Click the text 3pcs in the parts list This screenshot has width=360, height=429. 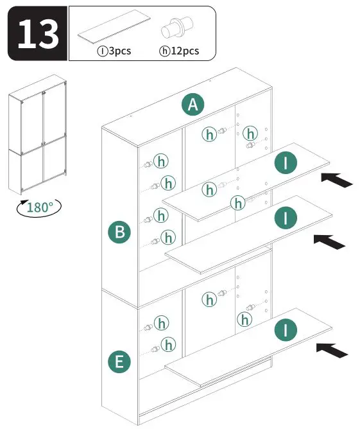coord(119,51)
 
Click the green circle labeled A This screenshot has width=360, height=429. coord(192,104)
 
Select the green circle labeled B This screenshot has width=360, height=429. coord(119,232)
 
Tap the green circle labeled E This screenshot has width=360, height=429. coord(119,362)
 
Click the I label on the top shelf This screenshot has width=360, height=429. coord(286,162)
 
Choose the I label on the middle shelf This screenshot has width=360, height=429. coord(286,218)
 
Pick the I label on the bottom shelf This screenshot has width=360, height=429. coord(286,331)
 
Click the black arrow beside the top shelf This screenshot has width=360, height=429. coord(336,179)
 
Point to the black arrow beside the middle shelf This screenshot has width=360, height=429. coord(329,241)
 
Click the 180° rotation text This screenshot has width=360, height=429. coord(40,207)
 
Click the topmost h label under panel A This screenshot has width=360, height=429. coord(209,134)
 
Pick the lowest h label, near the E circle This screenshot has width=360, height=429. coord(168,345)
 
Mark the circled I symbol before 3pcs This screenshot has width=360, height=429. coord(102,51)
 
